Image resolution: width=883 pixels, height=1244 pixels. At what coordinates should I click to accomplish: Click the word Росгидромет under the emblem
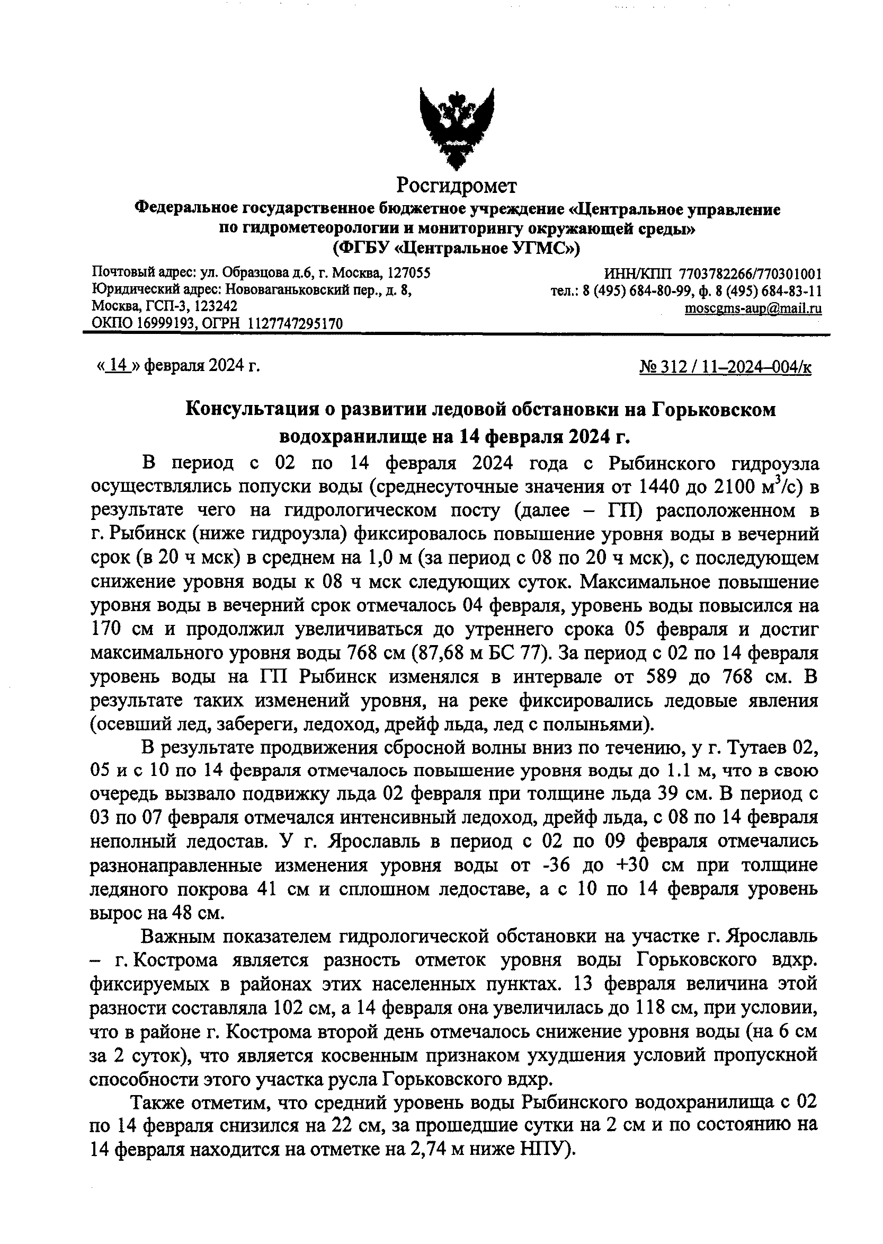(x=456, y=186)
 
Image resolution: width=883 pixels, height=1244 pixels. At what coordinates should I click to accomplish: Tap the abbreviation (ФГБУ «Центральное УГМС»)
(x=456, y=248)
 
